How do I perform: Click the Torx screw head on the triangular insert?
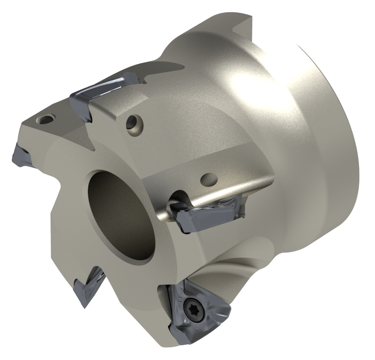coord(190,306)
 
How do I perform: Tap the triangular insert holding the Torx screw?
coord(200,312)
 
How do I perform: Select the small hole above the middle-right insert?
coord(208,178)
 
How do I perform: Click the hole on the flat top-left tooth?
coord(44,119)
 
